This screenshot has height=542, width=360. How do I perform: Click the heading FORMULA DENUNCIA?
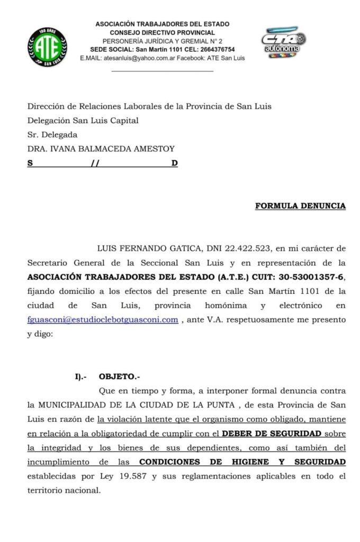pos(300,206)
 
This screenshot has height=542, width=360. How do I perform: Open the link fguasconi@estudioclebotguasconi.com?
pos(103,320)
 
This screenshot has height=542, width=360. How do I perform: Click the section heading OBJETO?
pos(116,377)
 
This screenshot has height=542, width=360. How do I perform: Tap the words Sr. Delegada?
pos(52,134)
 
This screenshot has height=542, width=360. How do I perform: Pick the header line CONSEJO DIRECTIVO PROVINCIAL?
pos(162,32)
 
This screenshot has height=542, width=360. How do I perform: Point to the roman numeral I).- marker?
pos(80,377)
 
